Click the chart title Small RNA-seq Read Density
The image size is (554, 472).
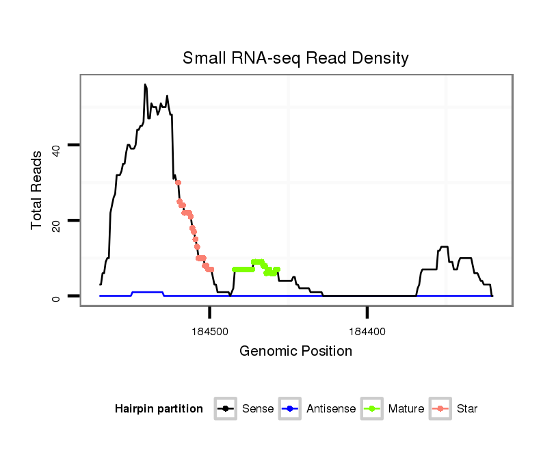(x=295, y=58)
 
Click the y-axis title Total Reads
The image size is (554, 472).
(x=38, y=189)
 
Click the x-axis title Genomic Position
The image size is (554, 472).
(x=295, y=352)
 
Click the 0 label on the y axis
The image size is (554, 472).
(x=56, y=296)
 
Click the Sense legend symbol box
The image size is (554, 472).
(x=226, y=409)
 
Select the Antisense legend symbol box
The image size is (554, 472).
(x=290, y=409)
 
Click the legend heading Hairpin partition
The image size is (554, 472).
(x=159, y=409)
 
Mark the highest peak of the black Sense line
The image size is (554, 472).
(x=145, y=85)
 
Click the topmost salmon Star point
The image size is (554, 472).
(x=178, y=183)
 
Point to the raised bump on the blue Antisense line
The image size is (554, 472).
(x=148, y=292)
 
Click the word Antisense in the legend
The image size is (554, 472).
(x=331, y=409)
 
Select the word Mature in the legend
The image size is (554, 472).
(x=406, y=409)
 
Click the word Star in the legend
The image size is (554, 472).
(x=466, y=409)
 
